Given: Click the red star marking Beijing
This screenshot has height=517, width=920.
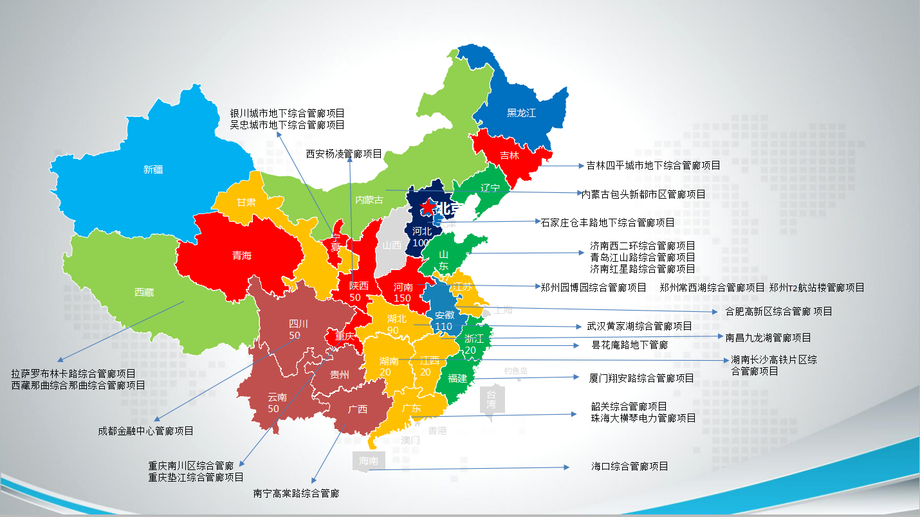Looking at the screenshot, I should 427,207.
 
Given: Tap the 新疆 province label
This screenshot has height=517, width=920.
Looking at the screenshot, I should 153,170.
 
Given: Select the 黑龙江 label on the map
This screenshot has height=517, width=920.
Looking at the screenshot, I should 521,113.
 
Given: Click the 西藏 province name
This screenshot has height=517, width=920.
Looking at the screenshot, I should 144,293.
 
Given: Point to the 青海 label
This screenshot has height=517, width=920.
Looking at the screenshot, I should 242,256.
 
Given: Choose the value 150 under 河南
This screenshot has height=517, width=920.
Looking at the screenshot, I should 403,298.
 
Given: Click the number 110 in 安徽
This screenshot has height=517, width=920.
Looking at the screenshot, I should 443,327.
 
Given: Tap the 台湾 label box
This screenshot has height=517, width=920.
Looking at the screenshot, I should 492,399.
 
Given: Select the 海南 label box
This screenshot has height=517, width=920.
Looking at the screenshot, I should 369,461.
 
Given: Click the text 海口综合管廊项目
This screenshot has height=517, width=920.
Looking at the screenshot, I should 630,466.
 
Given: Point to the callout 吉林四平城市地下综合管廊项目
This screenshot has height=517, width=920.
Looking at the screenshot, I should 653,165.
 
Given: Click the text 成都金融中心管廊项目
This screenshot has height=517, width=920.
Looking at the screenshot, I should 145,431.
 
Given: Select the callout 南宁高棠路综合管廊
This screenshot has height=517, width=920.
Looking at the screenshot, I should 296,494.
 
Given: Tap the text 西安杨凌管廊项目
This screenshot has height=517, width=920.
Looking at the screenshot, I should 344,154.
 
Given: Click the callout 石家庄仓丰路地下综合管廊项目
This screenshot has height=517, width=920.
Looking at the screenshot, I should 607,222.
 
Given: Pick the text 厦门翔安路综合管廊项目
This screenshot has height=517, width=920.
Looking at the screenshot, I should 641,378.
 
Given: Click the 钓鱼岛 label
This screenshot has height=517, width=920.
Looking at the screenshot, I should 515,370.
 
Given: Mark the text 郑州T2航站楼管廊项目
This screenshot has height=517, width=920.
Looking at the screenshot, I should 816,287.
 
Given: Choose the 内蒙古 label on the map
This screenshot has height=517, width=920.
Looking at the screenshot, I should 369,200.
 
